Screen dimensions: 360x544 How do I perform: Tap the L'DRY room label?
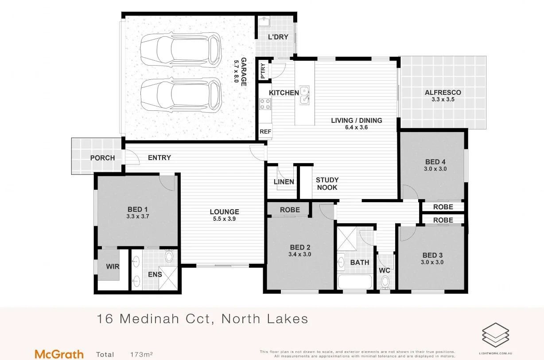coord(278,37)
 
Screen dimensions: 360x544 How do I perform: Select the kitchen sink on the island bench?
coord(304,95)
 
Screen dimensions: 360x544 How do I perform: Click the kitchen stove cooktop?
coord(265,104)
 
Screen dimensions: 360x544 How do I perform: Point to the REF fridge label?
coord(265,132)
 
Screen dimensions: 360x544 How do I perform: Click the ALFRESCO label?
coord(443,93)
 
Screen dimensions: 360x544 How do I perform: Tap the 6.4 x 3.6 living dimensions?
coord(357,127)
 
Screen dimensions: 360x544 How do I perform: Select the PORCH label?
coord(102,158)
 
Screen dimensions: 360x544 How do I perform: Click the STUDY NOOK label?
coord(327,184)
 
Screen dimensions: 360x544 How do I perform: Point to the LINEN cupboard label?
coord(284,182)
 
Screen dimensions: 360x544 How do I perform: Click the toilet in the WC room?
coord(385,281)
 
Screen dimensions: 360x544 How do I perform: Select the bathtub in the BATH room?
coord(355,282)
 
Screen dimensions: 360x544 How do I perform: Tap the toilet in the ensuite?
coord(169,257)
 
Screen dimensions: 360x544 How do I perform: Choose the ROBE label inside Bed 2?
coord(290,210)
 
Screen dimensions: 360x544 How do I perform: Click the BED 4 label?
coord(432,162)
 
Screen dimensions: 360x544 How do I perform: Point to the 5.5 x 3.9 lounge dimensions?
coord(224,219)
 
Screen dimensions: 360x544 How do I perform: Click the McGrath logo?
coord(59,354)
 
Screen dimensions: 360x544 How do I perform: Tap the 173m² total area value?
coord(141,355)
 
